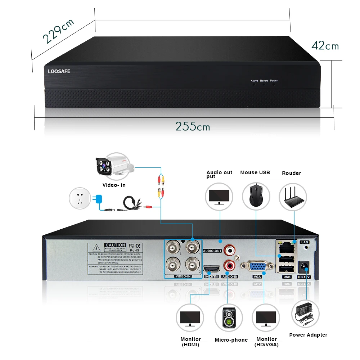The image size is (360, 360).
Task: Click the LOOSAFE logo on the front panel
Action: (x=59, y=71)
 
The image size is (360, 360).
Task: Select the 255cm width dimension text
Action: (x=193, y=126)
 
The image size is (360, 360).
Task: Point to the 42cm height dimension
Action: (x=325, y=46)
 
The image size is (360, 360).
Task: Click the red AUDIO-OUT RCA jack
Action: (x=229, y=249)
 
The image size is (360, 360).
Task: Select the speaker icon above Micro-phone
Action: (x=229, y=318)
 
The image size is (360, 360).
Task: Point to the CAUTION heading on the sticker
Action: (x=115, y=245)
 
